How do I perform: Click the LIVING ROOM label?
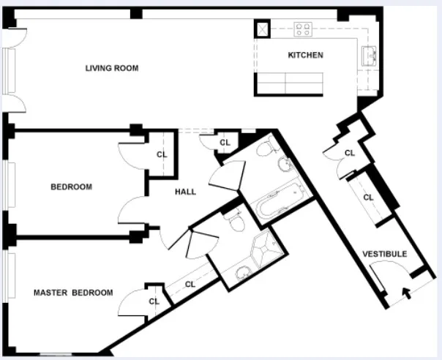click(112, 68)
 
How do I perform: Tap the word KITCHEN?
click(305, 56)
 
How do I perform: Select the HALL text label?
click(185, 192)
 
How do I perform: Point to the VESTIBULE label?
click(384, 254)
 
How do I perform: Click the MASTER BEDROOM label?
click(73, 293)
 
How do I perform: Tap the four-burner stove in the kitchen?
click(304, 29)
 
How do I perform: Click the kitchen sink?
click(368, 56)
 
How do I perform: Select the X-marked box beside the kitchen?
click(262, 29)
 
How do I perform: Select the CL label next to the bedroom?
click(162, 154)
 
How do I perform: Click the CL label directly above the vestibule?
click(369, 198)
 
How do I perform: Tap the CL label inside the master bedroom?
click(154, 301)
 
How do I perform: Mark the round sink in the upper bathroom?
click(284, 167)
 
